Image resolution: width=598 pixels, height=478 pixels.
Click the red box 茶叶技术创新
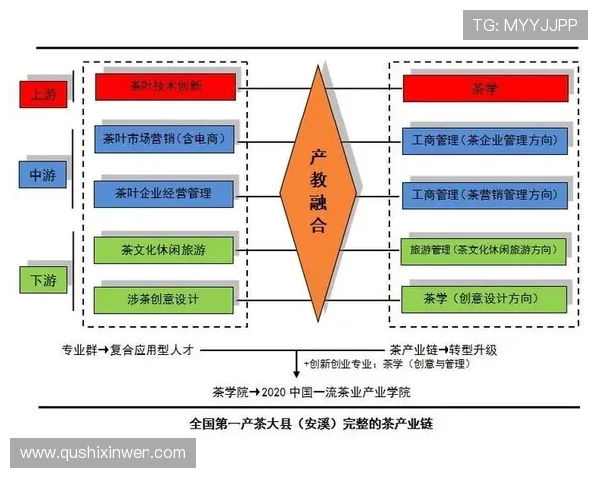(164, 87)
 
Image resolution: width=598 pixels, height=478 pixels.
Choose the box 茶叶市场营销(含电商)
(164, 139)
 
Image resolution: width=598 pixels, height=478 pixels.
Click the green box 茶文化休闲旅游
(164, 248)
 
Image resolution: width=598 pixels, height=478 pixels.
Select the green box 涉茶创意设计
(164, 299)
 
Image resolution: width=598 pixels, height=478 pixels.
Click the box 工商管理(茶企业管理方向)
(482, 139)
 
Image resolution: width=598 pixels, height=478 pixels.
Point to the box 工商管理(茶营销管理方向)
(482, 193)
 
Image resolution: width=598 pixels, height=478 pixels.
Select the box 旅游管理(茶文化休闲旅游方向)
(482, 248)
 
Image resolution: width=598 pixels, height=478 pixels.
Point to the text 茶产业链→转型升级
(444, 350)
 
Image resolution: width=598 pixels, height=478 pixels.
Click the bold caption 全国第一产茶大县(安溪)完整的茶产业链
(311, 422)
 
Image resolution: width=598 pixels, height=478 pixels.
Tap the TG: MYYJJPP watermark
(524, 24)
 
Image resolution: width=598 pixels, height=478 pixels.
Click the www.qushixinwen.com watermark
(104, 453)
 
